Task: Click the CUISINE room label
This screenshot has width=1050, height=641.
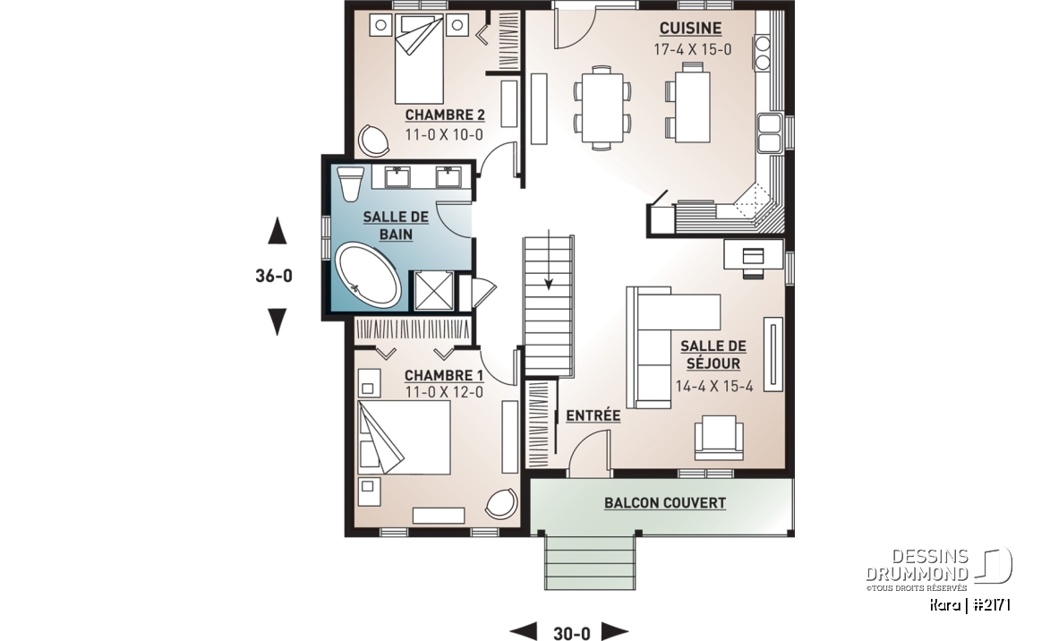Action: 690,28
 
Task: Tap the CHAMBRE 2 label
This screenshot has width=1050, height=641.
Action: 445,115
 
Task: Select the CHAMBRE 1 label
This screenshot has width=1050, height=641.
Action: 444,375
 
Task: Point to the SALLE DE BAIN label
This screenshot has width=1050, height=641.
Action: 396,226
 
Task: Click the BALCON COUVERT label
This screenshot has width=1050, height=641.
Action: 665,503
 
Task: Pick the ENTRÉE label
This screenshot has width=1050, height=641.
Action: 593,415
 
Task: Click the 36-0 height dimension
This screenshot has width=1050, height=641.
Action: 274,275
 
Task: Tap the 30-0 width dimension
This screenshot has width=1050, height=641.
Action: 572,633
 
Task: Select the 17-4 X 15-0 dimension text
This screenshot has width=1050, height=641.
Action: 693,49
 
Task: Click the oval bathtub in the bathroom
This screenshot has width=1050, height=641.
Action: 368,276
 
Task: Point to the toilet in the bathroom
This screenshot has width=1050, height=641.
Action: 350,184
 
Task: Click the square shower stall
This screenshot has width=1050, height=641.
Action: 434,291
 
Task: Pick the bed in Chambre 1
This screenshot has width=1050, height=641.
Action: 404,438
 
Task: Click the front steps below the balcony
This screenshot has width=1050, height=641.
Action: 590,562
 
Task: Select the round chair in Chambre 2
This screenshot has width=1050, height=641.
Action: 373,140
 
